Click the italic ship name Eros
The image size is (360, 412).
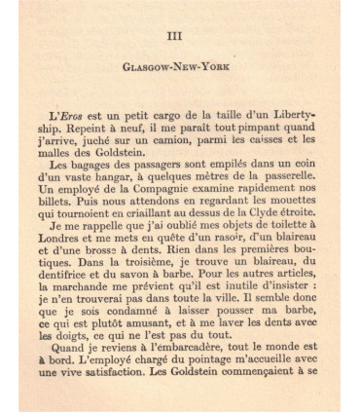pos(84,104)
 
